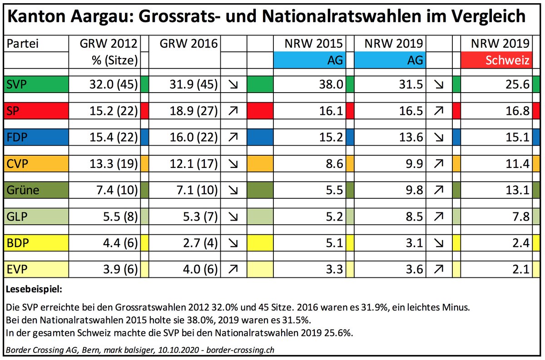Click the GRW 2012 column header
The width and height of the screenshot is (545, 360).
109,44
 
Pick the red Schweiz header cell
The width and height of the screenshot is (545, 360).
497,60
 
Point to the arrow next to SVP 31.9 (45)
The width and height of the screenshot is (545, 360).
233,84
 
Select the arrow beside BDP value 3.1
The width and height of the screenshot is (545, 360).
440,243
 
